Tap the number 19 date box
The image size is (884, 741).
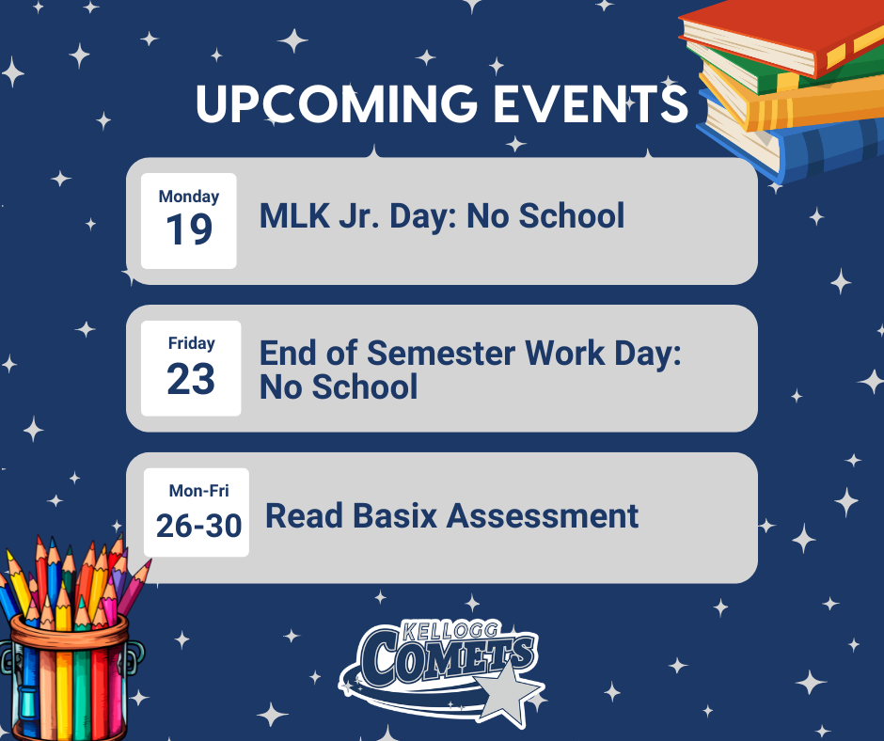coord(189,229)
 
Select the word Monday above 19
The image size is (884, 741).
coord(189,197)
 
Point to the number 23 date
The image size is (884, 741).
coord(191,378)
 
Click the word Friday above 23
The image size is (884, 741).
coord(191,343)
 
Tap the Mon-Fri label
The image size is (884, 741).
coord(198,491)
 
